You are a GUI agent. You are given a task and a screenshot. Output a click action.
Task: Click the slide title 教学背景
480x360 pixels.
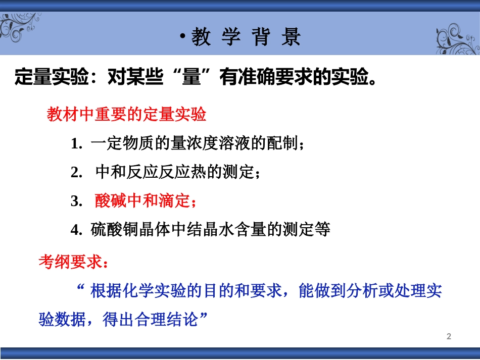coord(246,38)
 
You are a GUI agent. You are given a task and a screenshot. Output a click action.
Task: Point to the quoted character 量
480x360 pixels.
coord(191,78)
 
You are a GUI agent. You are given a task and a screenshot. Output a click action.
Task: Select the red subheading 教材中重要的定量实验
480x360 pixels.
coord(126,115)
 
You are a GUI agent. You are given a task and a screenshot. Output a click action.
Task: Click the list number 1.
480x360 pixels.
coord(76,144)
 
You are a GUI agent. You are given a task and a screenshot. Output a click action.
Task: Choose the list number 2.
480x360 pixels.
coord(76,173)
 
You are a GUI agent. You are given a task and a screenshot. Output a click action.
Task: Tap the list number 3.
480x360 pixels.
coord(76,201)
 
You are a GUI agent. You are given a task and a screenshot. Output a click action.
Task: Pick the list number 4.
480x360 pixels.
coord(76,230)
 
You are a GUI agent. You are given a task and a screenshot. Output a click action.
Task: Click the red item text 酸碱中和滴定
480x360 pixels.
coord(141,201)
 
